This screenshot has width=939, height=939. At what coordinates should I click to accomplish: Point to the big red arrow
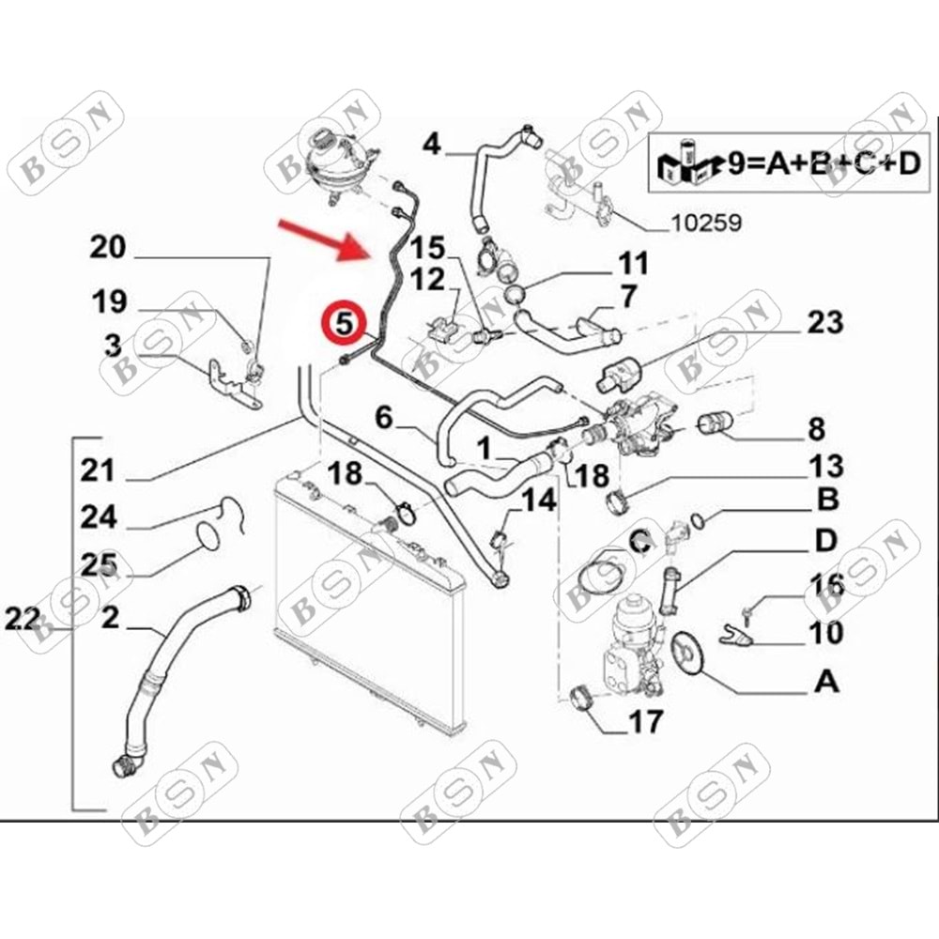tap(324, 237)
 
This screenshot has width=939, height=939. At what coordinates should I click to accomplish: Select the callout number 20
tap(107, 248)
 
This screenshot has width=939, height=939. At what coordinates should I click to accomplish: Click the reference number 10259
tap(705, 224)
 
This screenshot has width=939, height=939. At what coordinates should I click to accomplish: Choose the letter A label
tap(826, 681)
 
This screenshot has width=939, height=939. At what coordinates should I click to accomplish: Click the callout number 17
tap(645, 721)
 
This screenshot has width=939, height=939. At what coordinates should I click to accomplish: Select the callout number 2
tap(110, 617)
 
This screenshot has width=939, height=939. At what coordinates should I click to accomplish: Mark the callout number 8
tap(815, 431)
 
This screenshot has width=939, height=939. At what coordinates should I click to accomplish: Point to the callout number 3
tap(112, 346)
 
